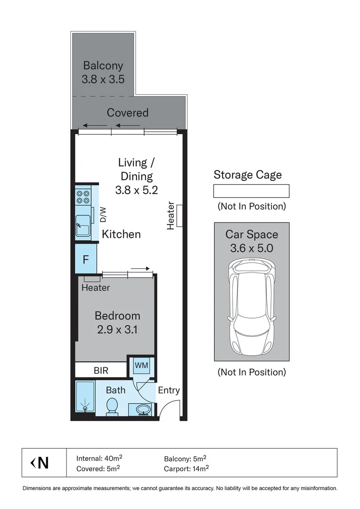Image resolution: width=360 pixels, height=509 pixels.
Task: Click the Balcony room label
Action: tap(103, 66)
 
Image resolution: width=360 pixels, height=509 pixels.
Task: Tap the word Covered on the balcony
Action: tap(127, 113)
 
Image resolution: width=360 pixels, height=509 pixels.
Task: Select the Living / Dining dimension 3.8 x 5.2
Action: tap(136, 190)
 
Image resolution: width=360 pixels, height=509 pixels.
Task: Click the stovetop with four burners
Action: tap(83, 197)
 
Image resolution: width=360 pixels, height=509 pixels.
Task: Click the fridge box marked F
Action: tap(86, 259)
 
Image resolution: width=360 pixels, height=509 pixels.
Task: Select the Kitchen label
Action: tap(121, 234)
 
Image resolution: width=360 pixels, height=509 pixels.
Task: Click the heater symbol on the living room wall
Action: tap(179, 216)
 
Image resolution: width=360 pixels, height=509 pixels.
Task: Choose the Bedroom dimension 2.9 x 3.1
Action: tap(117, 330)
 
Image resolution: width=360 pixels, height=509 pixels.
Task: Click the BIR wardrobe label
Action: tap(101, 370)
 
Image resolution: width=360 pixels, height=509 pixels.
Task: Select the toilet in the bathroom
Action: tap(113, 407)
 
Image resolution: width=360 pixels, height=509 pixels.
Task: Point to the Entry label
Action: tap(168, 390)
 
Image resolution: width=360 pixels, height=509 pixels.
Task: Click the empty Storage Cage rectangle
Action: tap(251, 191)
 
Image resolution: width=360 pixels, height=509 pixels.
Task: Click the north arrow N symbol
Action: tap(40, 463)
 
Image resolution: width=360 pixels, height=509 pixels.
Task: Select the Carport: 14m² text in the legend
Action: tap(187, 468)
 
